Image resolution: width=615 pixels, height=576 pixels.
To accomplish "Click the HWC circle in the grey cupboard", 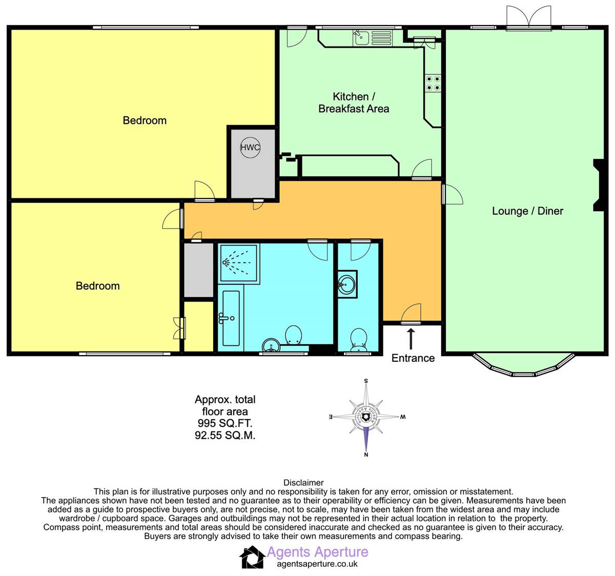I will (250, 148).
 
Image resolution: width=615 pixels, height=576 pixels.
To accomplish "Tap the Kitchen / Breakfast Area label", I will (354, 102).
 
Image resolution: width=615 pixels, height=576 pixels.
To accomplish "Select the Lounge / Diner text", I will (527, 211).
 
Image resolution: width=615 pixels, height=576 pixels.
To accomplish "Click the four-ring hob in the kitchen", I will (433, 83).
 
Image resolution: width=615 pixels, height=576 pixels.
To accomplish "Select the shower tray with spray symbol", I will (238, 263).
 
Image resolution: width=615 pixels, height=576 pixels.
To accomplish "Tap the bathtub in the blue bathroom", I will (230, 318).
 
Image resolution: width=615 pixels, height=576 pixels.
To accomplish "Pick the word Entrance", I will (413, 358).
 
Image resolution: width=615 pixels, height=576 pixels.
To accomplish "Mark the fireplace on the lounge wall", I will (599, 185).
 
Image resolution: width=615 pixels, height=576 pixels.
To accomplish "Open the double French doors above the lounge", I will (528, 17).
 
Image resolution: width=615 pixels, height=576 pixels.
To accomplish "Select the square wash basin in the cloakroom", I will (347, 284).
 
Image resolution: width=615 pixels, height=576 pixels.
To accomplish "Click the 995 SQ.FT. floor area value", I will (225, 424).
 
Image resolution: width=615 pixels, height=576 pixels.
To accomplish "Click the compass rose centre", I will (366, 417).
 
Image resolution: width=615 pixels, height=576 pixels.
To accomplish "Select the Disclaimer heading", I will (303, 483).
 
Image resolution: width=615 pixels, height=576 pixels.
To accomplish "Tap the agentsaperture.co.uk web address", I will (317, 564).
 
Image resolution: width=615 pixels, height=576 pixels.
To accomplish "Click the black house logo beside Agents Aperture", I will (252, 557).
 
